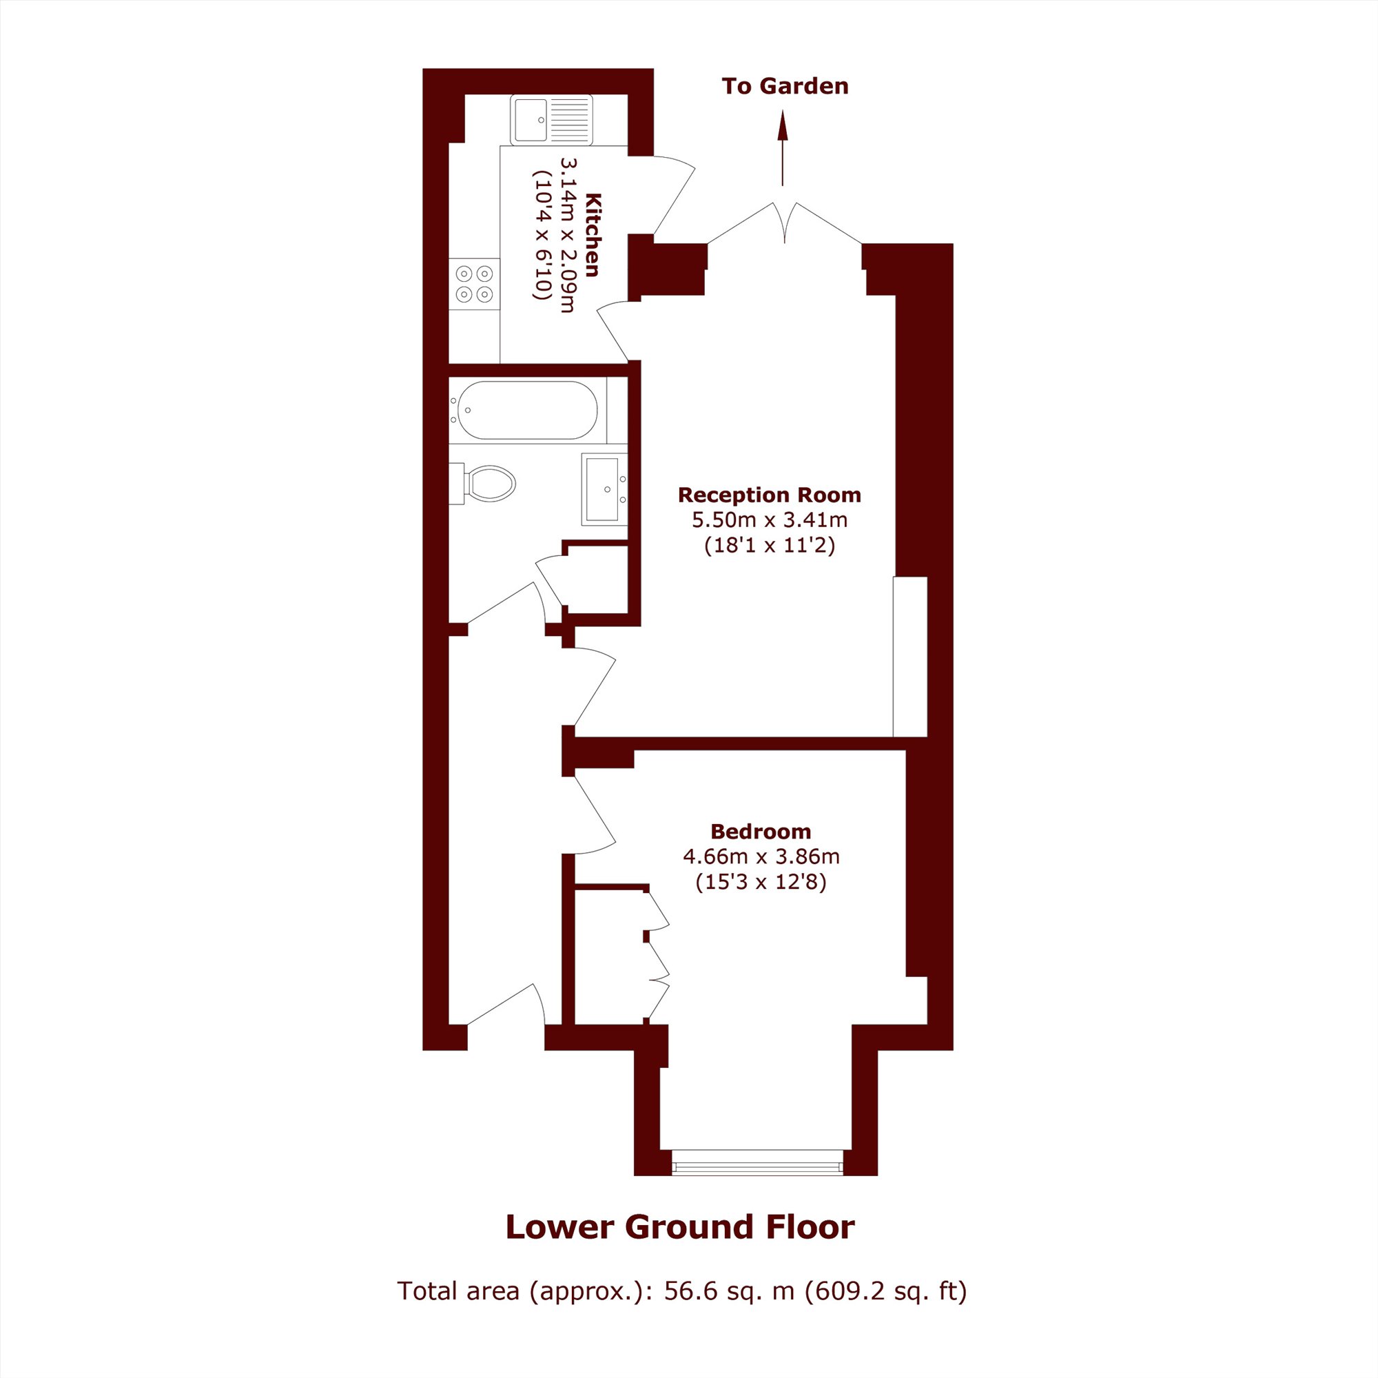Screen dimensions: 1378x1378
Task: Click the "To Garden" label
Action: tap(785, 86)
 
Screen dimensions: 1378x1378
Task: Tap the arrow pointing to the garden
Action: tap(783, 148)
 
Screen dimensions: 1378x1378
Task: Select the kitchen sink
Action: tap(551, 119)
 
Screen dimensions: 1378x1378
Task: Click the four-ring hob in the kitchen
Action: tap(474, 284)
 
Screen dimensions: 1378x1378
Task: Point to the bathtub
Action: tap(527, 410)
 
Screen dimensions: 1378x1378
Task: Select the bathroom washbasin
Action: tap(604, 489)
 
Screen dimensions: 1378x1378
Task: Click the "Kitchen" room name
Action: tap(593, 234)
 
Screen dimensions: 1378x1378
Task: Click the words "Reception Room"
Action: tap(770, 495)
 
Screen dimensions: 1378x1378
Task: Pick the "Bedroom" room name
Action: tap(761, 832)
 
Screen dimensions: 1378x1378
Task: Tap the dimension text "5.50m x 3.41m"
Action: tap(770, 520)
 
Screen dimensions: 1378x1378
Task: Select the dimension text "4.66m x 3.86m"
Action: tap(761, 856)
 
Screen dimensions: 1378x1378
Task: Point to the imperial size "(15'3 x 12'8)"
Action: tap(761, 883)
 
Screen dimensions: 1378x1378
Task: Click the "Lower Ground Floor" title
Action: tap(680, 1227)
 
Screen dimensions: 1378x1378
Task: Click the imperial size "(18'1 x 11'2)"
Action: tap(770, 546)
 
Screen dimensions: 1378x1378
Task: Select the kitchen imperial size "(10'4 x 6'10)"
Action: tap(542, 235)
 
